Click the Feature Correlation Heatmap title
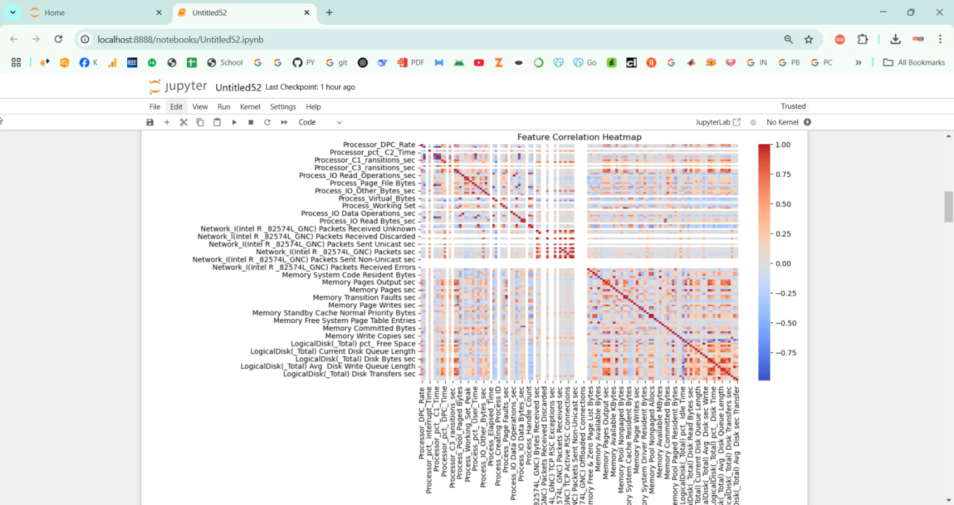point(579,137)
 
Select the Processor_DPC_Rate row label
point(379,145)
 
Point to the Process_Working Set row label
point(378,206)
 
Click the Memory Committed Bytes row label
point(369,328)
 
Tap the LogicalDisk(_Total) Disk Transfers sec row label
point(349,374)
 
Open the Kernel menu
point(250,107)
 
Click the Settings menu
point(283,107)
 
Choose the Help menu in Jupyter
point(313,107)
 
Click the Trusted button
point(793,106)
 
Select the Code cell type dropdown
point(321,122)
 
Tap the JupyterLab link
point(717,122)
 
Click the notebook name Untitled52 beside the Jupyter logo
point(238,87)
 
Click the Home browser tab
point(55,13)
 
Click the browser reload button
point(59,39)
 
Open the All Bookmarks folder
point(914,62)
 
